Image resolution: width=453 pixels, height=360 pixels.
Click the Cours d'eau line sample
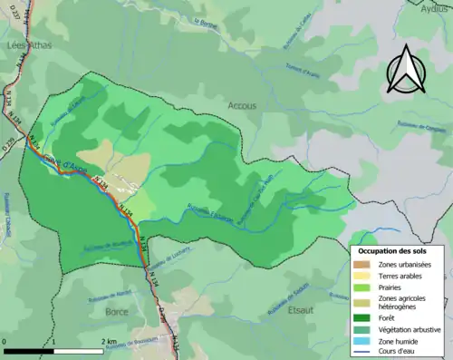click(x=366, y=352)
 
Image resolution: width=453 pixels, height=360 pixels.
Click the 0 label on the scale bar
click(x=5, y=341)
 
